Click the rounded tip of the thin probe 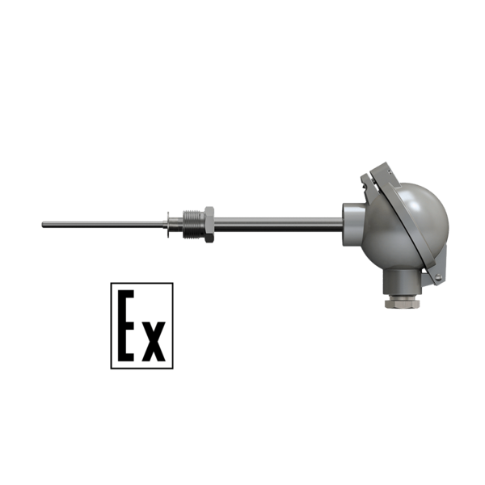tap(43, 225)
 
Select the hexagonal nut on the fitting tap(209, 224)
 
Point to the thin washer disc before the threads tap(168, 225)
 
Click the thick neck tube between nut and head tap(278, 225)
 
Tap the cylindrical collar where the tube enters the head tap(353, 224)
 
